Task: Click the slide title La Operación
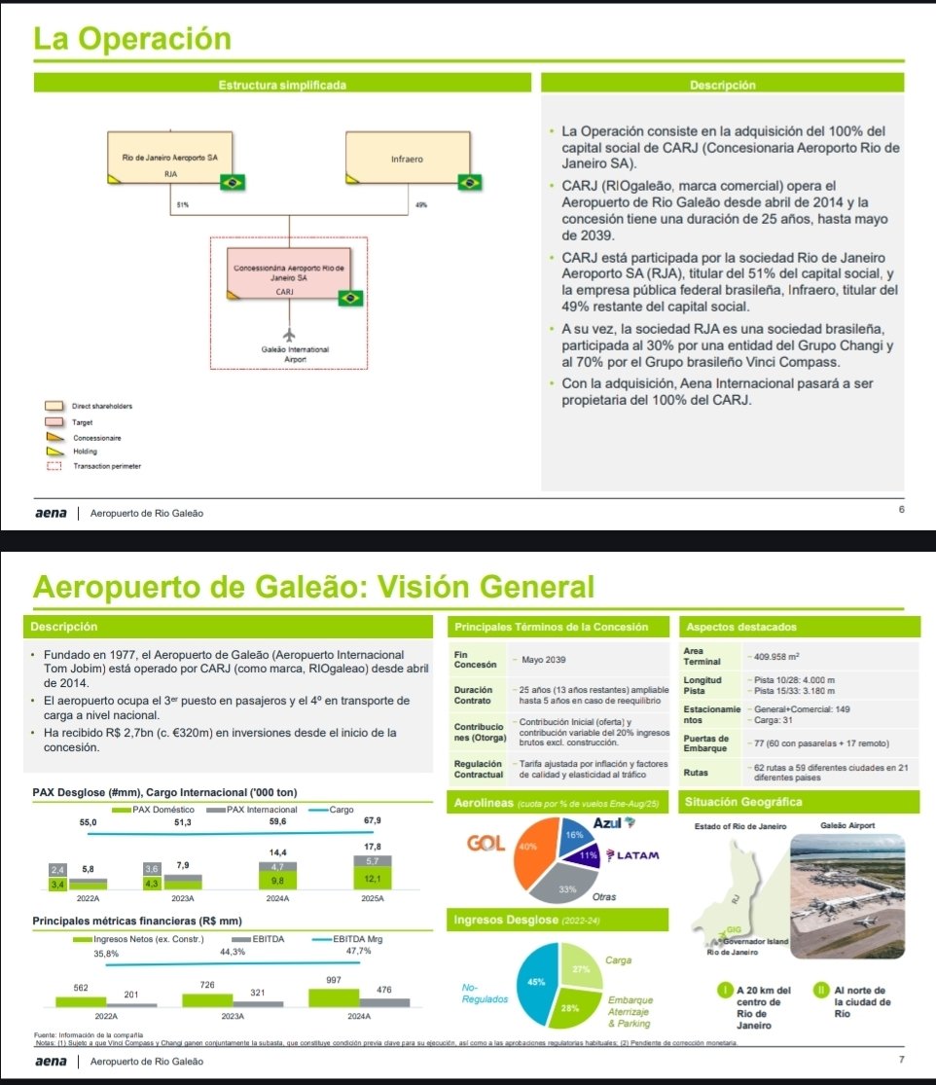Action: tap(132, 40)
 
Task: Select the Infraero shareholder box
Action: tap(406, 160)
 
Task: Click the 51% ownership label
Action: tap(182, 206)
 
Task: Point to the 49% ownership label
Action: tap(419, 206)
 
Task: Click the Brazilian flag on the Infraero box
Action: tap(472, 182)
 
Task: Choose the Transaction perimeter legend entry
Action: tap(107, 466)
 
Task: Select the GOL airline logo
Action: tap(486, 843)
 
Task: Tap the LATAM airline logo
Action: tap(633, 855)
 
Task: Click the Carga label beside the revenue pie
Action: tap(619, 959)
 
